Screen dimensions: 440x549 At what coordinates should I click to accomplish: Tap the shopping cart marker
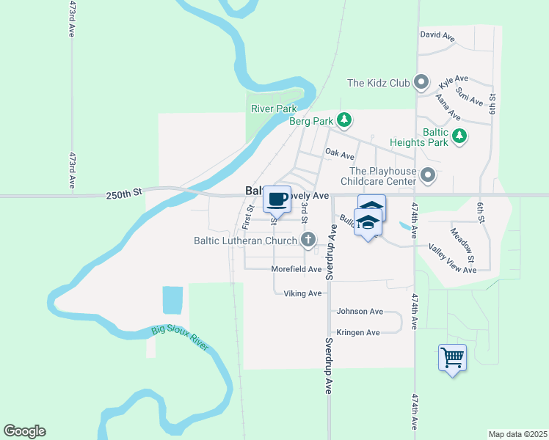[452, 358]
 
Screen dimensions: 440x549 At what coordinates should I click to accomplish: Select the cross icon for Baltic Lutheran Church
[308, 240]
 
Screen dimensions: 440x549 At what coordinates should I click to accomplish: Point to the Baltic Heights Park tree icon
[459, 136]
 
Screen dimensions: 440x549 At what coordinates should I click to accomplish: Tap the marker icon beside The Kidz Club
[421, 83]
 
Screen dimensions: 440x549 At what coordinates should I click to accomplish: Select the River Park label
[273, 109]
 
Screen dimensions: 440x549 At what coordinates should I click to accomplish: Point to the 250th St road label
[123, 195]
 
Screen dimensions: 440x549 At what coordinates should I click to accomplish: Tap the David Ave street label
[437, 35]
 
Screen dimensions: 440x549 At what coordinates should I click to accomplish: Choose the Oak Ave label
[340, 155]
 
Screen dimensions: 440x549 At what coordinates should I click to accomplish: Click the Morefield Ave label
[297, 269]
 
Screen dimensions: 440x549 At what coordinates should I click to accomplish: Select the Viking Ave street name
[303, 293]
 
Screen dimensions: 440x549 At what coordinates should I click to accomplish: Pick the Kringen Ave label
[358, 332]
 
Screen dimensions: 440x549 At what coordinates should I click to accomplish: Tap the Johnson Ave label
[360, 312]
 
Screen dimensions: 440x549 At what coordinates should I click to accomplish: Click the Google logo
[24, 431]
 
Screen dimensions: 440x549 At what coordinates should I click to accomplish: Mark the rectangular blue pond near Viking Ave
[172, 299]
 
